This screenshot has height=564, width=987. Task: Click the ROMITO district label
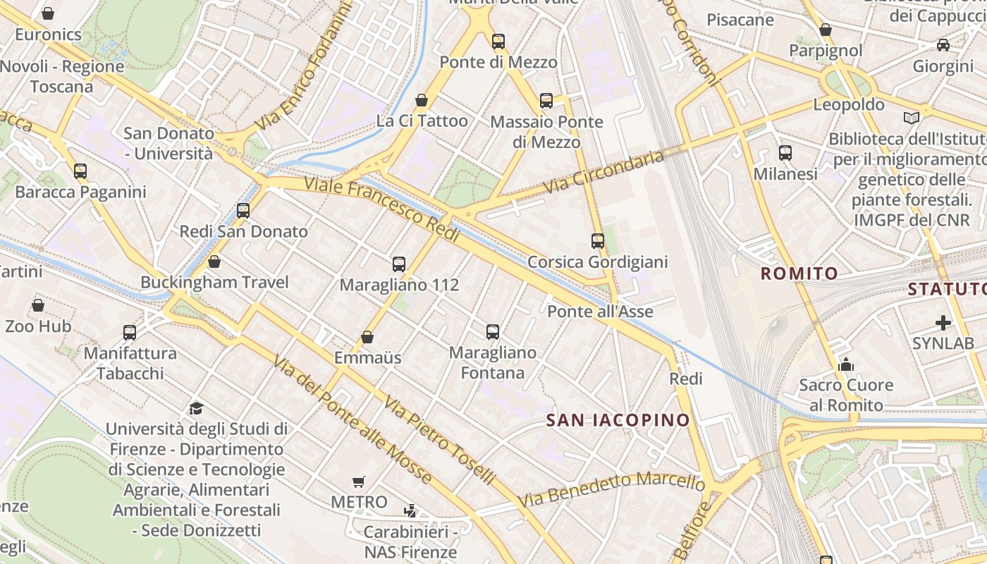[799, 274]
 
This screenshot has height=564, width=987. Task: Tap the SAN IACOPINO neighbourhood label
[618, 420]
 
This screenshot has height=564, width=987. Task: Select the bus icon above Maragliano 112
[399, 264]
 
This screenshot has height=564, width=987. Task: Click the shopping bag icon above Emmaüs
[367, 337]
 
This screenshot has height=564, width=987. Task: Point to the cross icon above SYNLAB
[943, 323]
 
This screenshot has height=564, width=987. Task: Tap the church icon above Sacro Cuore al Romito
[845, 364]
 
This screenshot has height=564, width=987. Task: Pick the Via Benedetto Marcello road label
[611, 489]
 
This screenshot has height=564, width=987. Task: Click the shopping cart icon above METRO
[359, 482]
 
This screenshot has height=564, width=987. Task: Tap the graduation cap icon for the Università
[196, 408]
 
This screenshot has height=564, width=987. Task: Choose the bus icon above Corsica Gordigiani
[598, 241]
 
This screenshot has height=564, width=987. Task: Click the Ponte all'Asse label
[600, 311]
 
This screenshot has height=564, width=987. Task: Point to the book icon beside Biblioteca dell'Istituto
[912, 118]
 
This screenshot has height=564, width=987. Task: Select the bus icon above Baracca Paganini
[80, 171]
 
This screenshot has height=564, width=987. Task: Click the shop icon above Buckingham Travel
[214, 262]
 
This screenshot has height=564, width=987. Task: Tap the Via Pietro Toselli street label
[439, 439]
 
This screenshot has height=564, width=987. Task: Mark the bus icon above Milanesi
[785, 152]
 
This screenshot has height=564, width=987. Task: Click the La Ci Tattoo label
[422, 121]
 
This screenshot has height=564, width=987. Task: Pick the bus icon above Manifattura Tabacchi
[130, 332]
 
